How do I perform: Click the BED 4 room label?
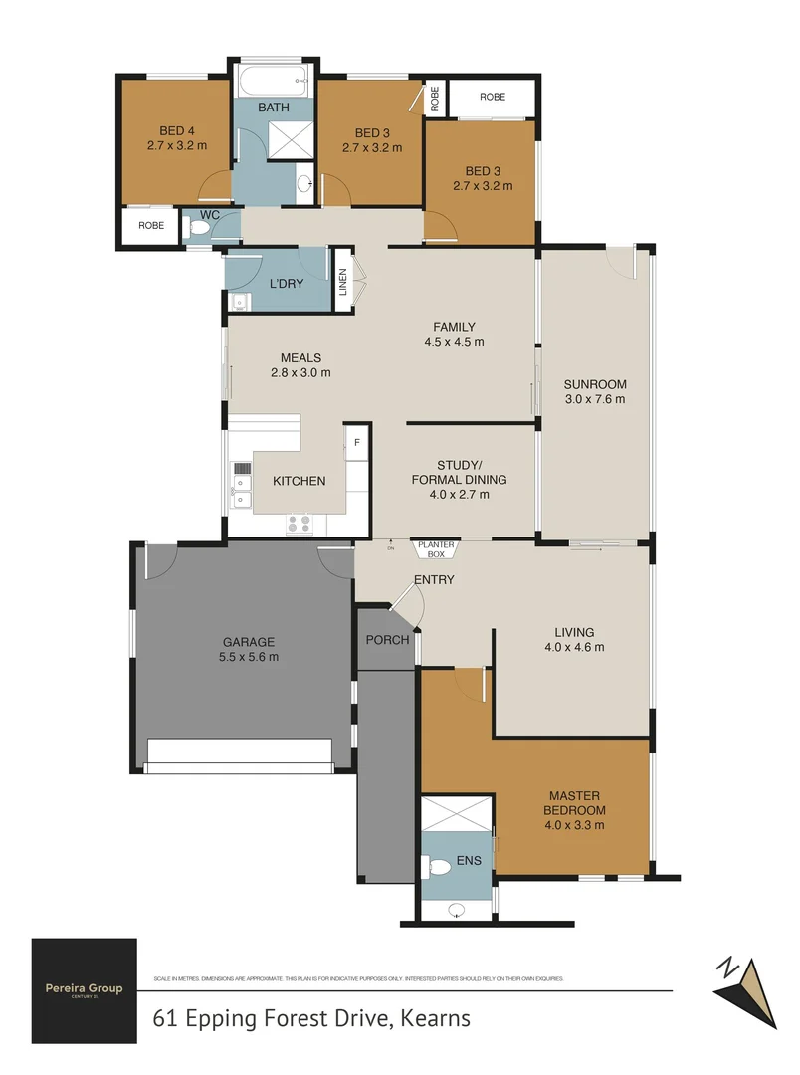click(x=175, y=130)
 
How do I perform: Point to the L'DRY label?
click(x=287, y=284)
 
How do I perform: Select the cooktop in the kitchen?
click(x=300, y=523)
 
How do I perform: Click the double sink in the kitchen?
click(x=241, y=488)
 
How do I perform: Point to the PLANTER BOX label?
click(x=436, y=549)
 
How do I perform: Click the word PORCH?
click(x=387, y=640)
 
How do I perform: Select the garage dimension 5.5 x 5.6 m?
click(x=249, y=657)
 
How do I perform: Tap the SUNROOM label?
click(x=594, y=384)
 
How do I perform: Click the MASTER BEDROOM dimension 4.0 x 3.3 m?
click(x=574, y=825)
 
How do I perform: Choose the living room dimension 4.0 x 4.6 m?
click(x=574, y=647)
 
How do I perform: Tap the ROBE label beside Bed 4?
click(x=151, y=226)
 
